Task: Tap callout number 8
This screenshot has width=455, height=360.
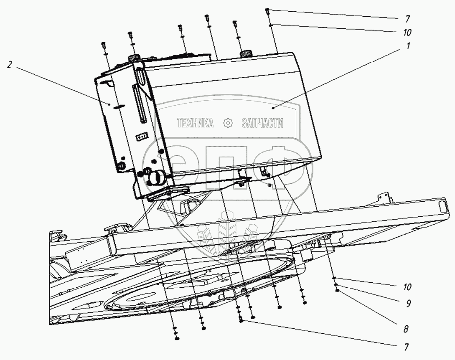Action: coord(405,329)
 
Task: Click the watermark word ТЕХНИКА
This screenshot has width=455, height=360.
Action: coord(195,123)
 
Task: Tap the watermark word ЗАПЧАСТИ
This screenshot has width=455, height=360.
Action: coord(262,123)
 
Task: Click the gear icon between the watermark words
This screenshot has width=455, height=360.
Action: coord(228,123)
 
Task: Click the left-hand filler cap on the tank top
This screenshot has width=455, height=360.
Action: coord(133,58)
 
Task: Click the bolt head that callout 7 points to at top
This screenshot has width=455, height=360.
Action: coord(267,10)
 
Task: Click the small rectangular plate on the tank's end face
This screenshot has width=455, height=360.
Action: coord(143,136)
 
